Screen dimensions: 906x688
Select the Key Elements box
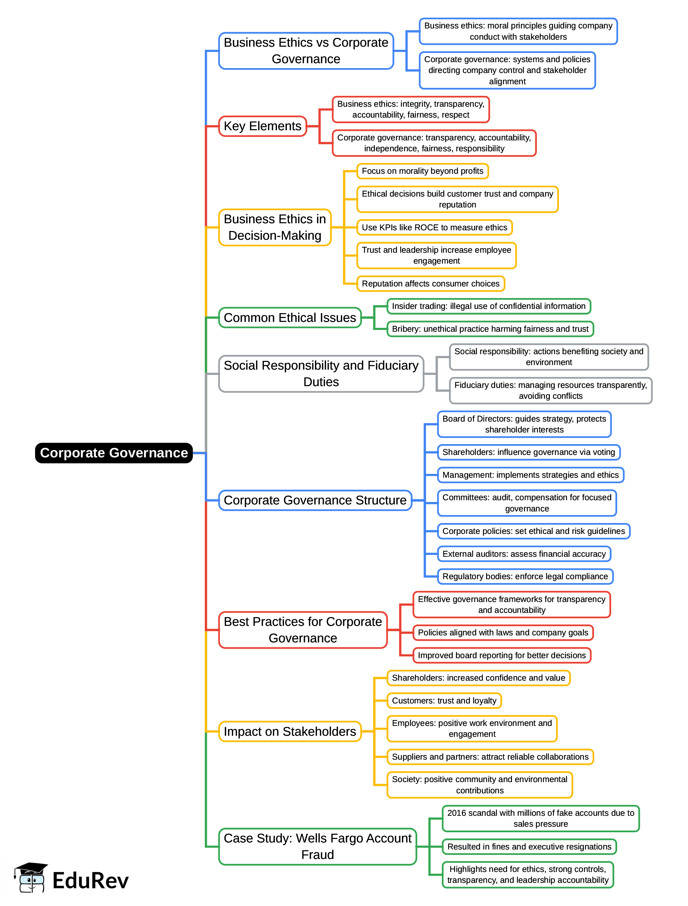pos(263,126)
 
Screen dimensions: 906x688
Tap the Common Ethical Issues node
pos(290,318)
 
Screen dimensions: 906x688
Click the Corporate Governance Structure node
pos(315,500)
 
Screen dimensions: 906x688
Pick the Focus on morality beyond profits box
pos(422,171)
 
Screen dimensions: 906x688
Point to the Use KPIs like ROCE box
pos(434,227)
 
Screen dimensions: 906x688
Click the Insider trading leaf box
pos(488,306)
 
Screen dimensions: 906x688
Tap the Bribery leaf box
pos(490,329)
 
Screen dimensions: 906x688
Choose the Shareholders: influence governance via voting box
pos(528,452)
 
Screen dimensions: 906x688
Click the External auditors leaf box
pos(524,554)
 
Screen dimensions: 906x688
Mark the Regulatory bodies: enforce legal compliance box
pos(525,576)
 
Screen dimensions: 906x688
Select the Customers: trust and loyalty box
pos(444,701)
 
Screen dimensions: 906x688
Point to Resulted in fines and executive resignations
pos(529,847)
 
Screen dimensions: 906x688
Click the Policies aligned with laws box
pos(503,633)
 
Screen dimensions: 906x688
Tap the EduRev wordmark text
pos(90,881)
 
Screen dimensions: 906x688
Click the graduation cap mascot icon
pos(31,877)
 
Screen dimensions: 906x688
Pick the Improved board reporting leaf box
pos(502,655)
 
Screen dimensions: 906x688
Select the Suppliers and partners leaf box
pos(490,757)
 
